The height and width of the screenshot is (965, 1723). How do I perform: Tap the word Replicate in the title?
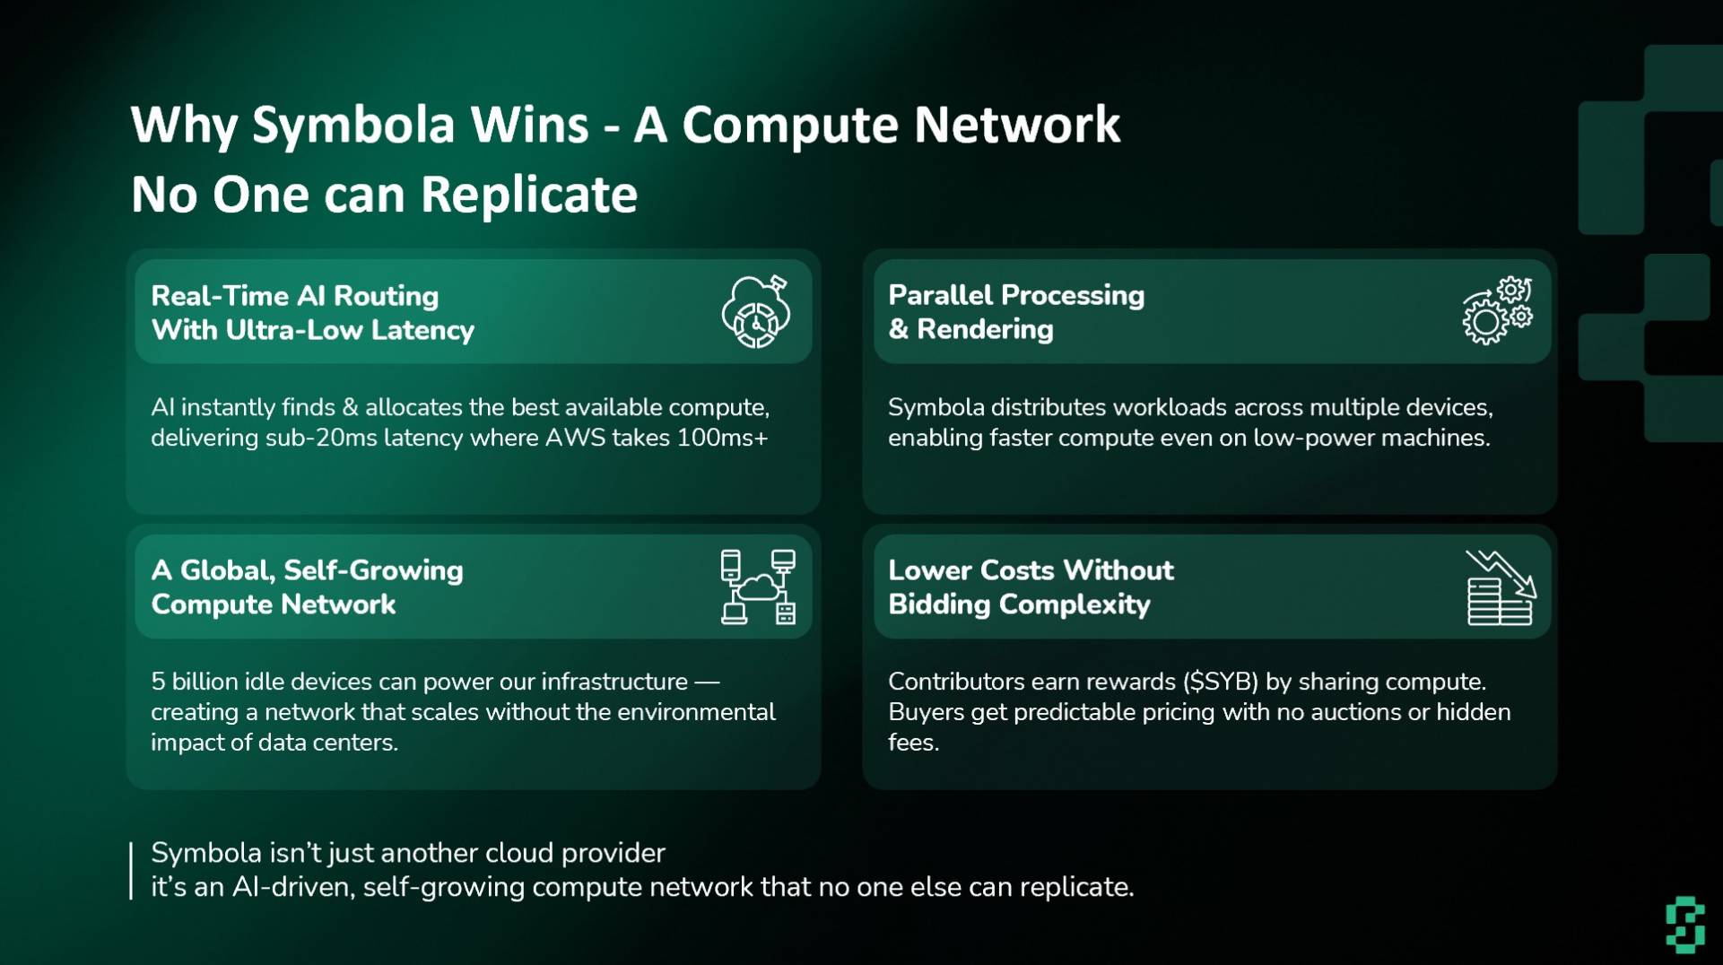(x=528, y=195)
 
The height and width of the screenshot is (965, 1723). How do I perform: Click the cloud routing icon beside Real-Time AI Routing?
(x=756, y=311)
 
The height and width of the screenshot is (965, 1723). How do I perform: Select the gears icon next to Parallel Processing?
(x=1497, y=310)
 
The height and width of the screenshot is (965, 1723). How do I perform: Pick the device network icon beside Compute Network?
(x=758, y=587)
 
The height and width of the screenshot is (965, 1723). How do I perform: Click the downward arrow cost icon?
(x=1501, y=587)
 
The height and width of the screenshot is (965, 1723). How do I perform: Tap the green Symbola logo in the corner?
(x=1685, y=924)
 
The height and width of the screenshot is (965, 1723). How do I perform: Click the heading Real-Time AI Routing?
(x=295, y=296)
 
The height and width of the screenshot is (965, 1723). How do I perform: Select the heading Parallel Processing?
(x=1016, y=295)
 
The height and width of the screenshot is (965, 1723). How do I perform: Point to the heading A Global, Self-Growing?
(x=307, y=570)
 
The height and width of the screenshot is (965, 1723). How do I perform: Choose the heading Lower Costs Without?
(x=1031, y=570)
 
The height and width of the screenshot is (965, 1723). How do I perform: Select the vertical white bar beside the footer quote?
(x=131, y=870)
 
